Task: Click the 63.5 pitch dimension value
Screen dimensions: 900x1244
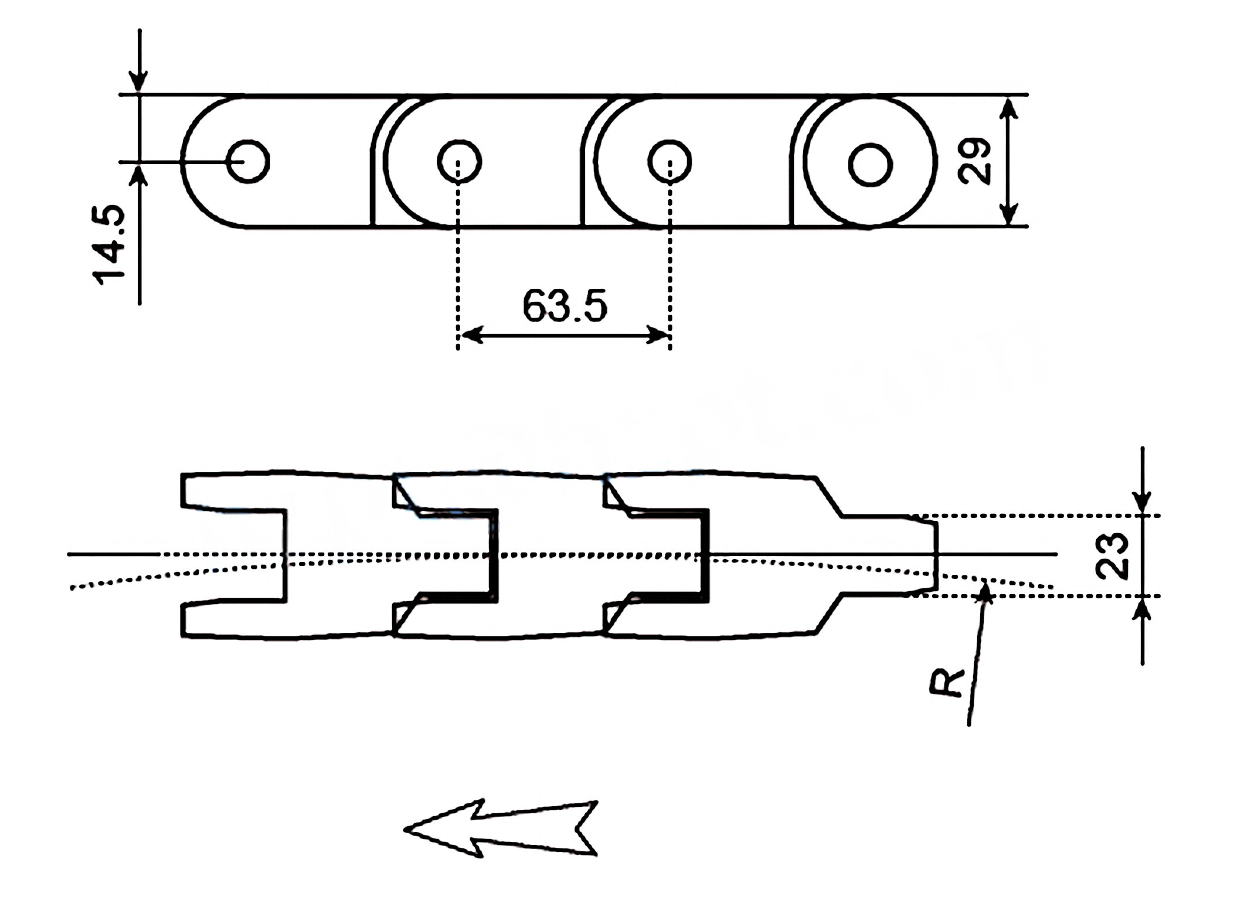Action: tap(564, 306)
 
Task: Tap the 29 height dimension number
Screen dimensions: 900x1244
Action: tap(974, 161)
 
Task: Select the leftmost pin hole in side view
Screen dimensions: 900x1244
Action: tap(248, 161)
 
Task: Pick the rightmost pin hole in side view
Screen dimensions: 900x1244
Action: tap(870, 165)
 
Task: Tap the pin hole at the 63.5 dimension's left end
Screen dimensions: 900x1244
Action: tap(459, 161)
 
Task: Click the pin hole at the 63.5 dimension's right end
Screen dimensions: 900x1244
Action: tap(669, 161)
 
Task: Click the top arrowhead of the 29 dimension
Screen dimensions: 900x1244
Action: tap(1008, 109)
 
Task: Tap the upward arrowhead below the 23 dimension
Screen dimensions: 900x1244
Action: tap(1142, 609)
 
